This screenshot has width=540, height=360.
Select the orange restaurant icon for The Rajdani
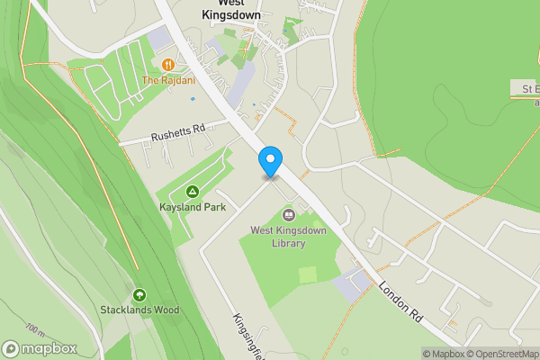tap(168, 64)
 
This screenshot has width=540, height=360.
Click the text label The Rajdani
tap(168, 80)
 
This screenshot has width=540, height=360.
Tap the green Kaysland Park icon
tap(192, 192)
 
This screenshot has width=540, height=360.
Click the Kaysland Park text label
tap(192, 207)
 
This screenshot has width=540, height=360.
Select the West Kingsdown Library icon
tap(289, 214)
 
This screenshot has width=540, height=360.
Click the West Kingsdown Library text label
tap(288, 237)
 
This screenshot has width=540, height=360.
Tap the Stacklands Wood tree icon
tap(139, 295)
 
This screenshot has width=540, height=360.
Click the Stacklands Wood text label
tap(139, 310)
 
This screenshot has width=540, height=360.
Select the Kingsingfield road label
tap(247, 333)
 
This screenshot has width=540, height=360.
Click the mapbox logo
tap(40, 348)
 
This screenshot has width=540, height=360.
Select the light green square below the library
tap(308, 274)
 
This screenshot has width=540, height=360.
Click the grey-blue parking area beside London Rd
tap(351, 286)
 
